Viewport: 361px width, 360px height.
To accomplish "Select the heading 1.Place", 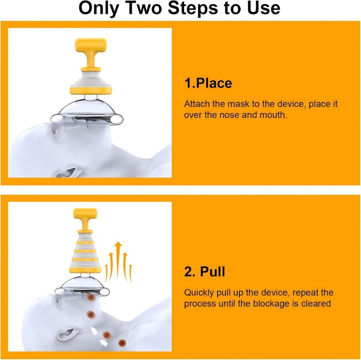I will point(208,83).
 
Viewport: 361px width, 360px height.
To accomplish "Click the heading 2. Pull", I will point(204,272).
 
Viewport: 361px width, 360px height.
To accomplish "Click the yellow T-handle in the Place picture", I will point(90,45).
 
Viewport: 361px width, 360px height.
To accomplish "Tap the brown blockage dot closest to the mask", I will point(91,297).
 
